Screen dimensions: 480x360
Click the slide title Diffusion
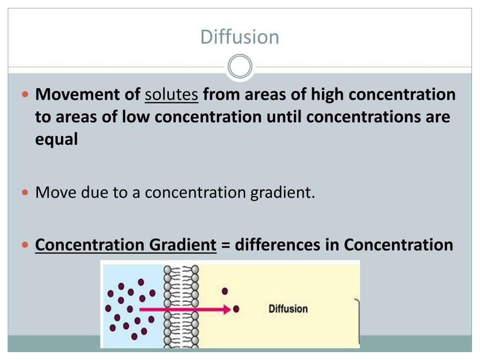[x=240, y=37]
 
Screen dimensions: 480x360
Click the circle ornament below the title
[x=240, y=67]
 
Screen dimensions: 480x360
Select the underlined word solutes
[x=172, y=95]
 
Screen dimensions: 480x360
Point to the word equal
[x=56, y=140]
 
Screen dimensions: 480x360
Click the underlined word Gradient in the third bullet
[x=183, y=245]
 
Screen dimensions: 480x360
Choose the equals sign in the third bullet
[x=225, y=245]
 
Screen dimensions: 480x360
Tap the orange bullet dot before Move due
[x=26, y=192]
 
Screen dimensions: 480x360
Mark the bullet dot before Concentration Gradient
[x=26, y=245]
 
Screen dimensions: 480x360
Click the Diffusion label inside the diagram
[x=288, y=309]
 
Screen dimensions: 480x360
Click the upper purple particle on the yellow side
[x=225, y=291]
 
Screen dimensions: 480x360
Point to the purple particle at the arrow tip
[x=236, y=309]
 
